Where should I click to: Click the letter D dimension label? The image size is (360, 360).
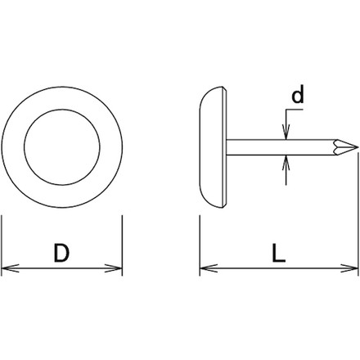(x=61, y=253)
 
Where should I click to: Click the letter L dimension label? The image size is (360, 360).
(x=279, y=253)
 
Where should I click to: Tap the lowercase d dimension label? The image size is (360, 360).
(x=298, y=94)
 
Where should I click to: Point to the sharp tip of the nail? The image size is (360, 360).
(x=358, y=147)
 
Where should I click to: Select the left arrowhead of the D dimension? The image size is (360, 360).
(x=10, y=268)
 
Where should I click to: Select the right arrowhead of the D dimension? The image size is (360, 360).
(x=114, y=268)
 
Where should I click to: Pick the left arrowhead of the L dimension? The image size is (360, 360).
(x=209, y=268)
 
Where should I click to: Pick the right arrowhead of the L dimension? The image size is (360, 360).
(x=349, y=268)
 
